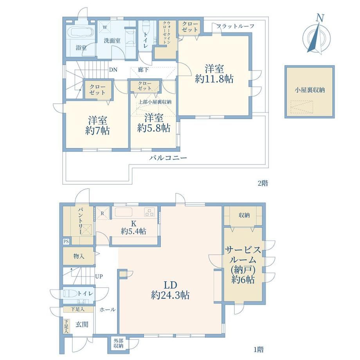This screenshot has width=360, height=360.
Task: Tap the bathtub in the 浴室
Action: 81,32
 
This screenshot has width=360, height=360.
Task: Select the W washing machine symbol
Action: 105,27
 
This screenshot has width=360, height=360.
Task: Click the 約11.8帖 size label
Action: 214,79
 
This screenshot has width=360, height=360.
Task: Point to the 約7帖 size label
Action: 97,131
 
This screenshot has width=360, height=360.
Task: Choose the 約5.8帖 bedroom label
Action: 154,128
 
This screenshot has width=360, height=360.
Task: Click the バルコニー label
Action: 168,158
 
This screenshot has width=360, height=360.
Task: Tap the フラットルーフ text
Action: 236,26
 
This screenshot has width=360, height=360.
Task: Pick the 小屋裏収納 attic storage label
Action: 310,90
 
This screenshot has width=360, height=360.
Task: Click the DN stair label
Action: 113,70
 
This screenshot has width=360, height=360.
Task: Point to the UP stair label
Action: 99,276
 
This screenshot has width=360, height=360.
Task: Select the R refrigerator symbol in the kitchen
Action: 103,214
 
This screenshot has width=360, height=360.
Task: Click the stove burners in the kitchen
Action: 149,212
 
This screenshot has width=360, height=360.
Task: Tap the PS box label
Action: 67,241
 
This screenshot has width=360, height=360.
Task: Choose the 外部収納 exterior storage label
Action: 119,344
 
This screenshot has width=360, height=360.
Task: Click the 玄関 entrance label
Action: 82,324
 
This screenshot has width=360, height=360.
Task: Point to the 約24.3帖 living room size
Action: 170,295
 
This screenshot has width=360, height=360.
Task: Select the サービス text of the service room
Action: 243,250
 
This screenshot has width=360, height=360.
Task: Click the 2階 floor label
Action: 263,183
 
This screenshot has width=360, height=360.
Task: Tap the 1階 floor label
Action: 259,349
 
